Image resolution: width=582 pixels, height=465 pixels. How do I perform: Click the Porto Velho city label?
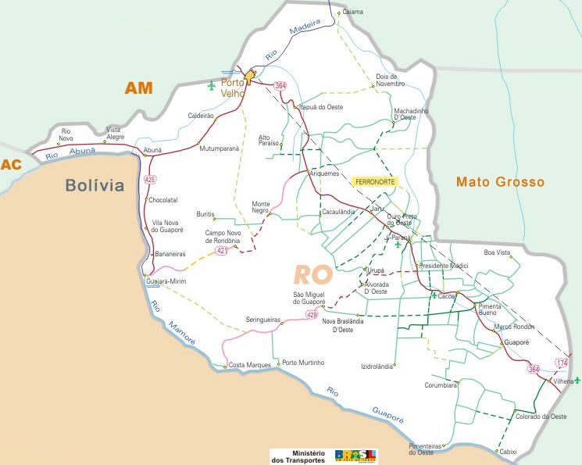pyautogui.click(x=233, y=88)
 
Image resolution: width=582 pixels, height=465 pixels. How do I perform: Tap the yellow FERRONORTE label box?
pyautogui.click(x=376, y=181)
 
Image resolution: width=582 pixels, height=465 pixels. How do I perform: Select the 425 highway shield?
pyautogui.click(x=150, y=180)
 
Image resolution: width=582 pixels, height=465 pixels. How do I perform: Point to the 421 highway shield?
pyautogui.click(x=222, y=250)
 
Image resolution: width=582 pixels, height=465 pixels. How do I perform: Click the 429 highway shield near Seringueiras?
pyautogui.click(x=312, y=315)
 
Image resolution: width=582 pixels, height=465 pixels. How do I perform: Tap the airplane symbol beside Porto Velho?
pyautogui.click(x=211, y=84)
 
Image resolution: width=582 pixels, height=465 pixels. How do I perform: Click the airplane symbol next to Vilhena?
pyautogui.click(x=577, y=380)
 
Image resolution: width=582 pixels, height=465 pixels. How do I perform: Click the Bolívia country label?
pyautogui.click(x=95, y=185)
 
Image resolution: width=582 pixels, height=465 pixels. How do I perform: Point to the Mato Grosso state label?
pyautogui.click(x=499, y=182)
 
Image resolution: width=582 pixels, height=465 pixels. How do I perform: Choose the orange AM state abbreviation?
pyautogui.click(x=139, y=88)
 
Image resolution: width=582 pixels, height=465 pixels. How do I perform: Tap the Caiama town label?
pyautogui.click(x=353, y=13)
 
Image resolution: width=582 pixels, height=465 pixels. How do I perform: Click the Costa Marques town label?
pyautogui.click(x=249, y=365)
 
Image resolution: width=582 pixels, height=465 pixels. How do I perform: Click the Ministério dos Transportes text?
pyautogui.click(x=298, y=456)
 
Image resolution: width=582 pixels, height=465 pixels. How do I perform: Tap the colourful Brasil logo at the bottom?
pyautogui.click(x=355, y=456)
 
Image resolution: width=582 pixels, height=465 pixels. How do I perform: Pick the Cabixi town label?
pyautogui.click(x=508, y=451)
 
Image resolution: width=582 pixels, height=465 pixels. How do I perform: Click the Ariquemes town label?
pyautogui.click(x=324, y=173)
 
